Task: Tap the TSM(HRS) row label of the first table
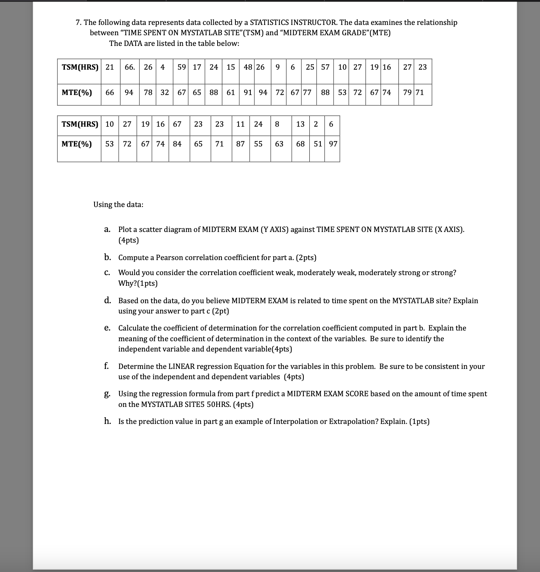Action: point(80,67)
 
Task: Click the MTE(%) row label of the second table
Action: point(77,144)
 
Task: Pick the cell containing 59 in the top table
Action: point(182,67)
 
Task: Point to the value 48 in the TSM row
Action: point(248,67)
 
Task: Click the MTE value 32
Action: point(165,93)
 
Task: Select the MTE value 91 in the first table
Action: point(248,93)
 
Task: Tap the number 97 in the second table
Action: point(333,144)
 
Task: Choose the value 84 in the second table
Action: point(177,144)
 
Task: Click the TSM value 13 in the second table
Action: point(300,124)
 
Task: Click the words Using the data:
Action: point(118,205)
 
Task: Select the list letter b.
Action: point(107,258)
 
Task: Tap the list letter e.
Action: point(107,328)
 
